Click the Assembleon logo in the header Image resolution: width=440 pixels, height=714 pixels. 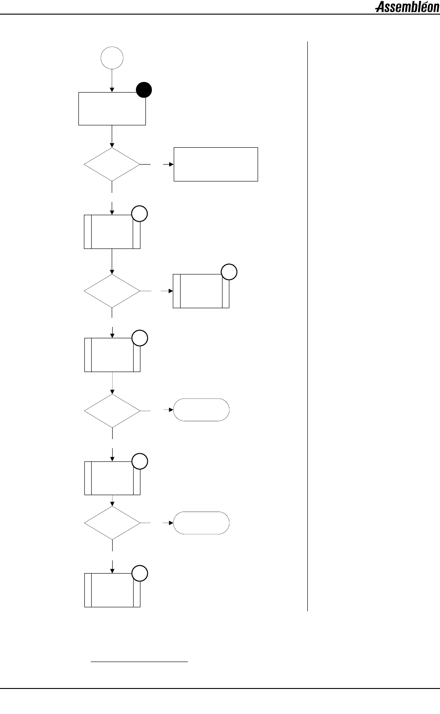(407, 7)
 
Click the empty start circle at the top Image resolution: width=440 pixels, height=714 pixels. (112, 58)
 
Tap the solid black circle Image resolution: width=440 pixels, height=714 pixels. (144, 90)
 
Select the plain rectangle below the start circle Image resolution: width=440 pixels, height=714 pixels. (112, 109)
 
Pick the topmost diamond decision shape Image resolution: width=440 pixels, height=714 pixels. (112, 164)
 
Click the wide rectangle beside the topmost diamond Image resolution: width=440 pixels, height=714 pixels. (216, 164)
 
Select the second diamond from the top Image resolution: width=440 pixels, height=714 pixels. (112, 290)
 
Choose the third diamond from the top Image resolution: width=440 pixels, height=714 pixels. (112, 410)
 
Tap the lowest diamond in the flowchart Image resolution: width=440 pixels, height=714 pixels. (112, 523)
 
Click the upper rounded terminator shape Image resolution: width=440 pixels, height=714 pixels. (201, 409)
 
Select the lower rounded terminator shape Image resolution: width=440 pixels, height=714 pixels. (201, 523)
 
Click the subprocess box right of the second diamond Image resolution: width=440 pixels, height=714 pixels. (201, 291)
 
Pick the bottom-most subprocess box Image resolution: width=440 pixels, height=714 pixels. (112, 590)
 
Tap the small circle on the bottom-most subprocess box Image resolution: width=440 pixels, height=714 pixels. (140, 574)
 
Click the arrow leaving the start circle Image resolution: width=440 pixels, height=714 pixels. (112, 80)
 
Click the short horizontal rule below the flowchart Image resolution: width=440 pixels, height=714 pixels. (140, 661)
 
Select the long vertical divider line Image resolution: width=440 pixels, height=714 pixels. (308, 326)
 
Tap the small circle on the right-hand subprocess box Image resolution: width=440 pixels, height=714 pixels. (229, 272)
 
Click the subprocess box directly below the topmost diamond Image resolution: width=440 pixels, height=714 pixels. (112, 232)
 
